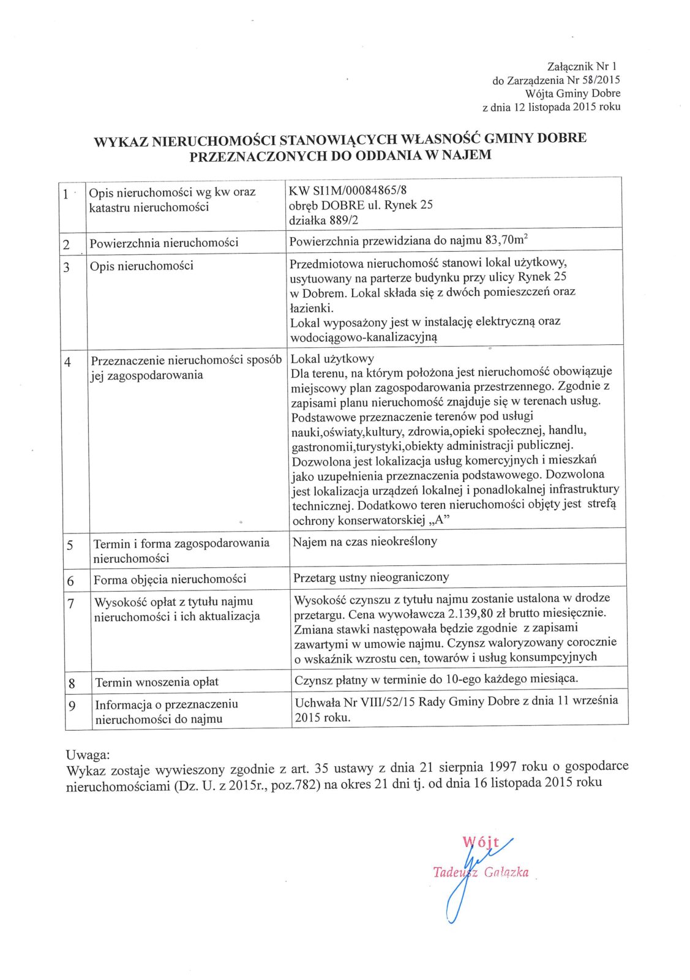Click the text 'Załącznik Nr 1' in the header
click(583, 67)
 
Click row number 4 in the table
click(68, 362)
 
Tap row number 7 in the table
click(71, 604)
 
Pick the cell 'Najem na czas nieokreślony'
click(365, 542)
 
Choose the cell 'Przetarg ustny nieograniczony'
click(371, 577)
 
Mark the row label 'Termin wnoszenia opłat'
click(157, 682)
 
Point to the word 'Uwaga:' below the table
click(88, 755)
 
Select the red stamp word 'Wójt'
click(481, 843)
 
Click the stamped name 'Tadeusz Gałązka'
click(481, 873)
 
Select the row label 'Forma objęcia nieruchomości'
click(170, 579)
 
